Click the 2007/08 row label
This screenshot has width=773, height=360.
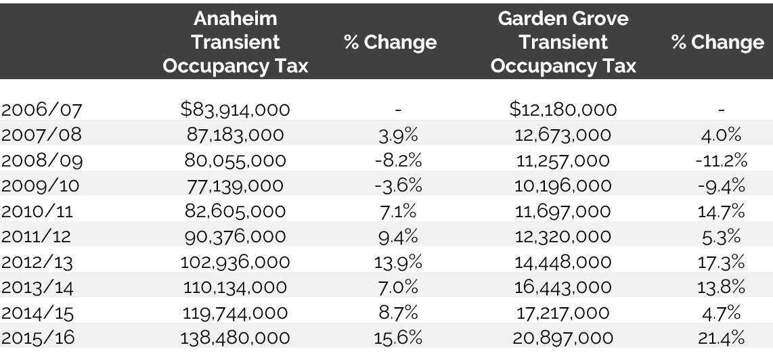pyautogui.click(x=41, y=135)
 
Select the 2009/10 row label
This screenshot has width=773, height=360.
pyautogui.click(x=41, y=185)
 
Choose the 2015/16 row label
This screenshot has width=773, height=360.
pyautogui.click(x=41, y=337)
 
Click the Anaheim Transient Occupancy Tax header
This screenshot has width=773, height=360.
pyautogui.click(x=236, y=42)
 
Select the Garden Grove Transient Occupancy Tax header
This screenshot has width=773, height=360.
pyautogui.click(x=563, y=42)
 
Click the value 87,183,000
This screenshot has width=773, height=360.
pyautogui.click(x=236, y=135)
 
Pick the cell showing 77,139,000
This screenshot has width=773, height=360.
pyautogui.click(x=236, y=185)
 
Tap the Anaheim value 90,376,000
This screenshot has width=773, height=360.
pyautogui.click(x=236, y=237)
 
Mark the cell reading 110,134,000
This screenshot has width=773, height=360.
pyautogui.click(x=236, y=287)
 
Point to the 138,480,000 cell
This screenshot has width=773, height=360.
pyautogui.click(x=236, y=337)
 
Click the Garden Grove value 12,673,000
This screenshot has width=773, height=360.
pyautogui.click(x=563, y=135)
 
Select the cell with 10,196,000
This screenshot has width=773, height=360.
pyautogui.click(x=563, y=185)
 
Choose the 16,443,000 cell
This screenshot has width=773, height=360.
pyautogui.click(x=563, y=287)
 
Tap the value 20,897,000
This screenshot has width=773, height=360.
pyautogui.click(x=563, y=337)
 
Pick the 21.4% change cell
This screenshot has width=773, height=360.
pyautogui.click(x=721, y=337)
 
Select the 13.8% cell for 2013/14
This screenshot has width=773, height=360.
pyautogui.click(x=721, y=287)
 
